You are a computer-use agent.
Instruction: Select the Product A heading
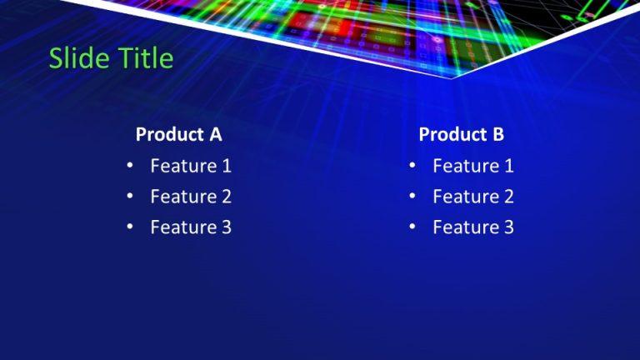(x=178, y=134)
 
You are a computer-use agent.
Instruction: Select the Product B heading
(x=461, y=134)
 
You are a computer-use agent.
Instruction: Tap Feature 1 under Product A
(x=191, y=166)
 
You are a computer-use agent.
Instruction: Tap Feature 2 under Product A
(x=191, y=197)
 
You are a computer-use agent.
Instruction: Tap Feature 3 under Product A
(x=191, y=227)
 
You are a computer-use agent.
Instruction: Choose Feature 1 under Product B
(x=473, y=166)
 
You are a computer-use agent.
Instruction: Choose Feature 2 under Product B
(x=473, y=197)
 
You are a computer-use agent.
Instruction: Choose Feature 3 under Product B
(x=473, y=227)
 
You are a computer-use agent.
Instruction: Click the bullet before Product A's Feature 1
(x=130, y=166)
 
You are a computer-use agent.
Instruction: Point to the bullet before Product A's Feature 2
(x=130, y=197)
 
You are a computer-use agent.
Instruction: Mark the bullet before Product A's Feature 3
(x=130, y=227)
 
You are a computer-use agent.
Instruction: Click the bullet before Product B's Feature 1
(x=412, y=166)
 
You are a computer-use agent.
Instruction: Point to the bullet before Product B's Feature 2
(x=412, y=197)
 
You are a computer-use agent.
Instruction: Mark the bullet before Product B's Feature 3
(x=412, y=227)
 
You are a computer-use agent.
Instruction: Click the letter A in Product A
(x=215, y=134)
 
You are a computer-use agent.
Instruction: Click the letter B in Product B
(x=498, y=134)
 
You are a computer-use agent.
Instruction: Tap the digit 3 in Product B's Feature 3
(x=508, y=227)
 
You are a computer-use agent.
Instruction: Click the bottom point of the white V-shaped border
(x=452, y=78)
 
